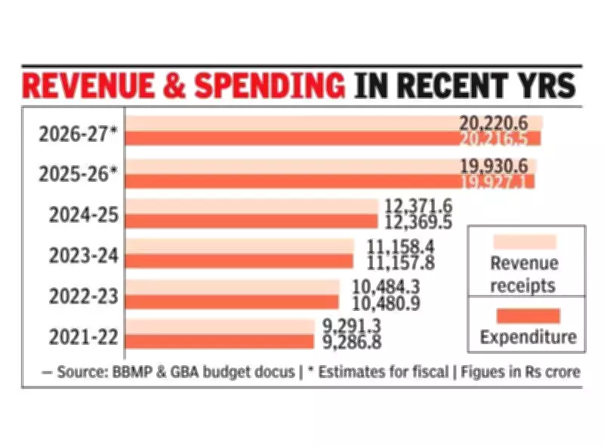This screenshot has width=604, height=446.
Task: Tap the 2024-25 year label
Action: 84,216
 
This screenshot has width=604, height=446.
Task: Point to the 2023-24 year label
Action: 84,256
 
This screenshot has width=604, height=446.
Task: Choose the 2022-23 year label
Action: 84,296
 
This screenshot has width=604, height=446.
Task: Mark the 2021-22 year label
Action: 84,336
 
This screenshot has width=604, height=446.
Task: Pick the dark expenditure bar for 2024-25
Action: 251,220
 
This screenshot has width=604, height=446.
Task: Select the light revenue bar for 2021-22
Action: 219,326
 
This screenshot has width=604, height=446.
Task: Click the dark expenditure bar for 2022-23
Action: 232,301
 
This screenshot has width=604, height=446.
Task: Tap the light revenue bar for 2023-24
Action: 239,246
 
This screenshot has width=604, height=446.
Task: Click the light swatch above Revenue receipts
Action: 524,242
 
